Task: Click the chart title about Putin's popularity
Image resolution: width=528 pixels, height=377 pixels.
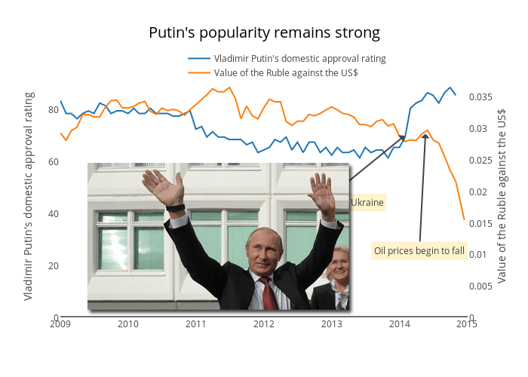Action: [x=264, y=33]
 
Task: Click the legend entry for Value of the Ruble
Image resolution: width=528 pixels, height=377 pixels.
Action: [x=285, y=72]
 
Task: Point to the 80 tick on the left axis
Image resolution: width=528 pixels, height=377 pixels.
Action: [x=54, y=110]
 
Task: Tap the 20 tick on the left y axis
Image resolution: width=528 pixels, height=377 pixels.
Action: [x=54, y=265]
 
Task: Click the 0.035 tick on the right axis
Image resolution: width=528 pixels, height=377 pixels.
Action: [x=481, y=97]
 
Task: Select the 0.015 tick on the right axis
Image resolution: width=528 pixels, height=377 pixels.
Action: [x=481, y=223]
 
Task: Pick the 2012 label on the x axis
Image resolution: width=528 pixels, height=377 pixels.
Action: [x=264, y=324]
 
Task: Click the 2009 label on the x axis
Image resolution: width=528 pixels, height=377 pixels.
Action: [x=60, y=324]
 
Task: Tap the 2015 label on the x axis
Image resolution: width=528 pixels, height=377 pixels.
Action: [x=466, y=324]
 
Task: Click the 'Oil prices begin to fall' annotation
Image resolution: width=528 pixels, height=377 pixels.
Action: [x=419, y=251]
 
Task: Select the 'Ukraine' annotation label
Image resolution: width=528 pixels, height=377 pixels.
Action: [x=367, y=203]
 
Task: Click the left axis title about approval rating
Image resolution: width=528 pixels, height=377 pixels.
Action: [x=29, y=196]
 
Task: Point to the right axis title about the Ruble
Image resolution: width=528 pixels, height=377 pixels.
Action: [x=502, y=196]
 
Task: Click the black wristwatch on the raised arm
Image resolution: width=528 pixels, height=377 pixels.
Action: [x=175, y=208]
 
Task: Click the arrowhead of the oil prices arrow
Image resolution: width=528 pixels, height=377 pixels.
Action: [x=425, y=136]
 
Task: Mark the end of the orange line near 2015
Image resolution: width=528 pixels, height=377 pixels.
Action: [x=464, y=219]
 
